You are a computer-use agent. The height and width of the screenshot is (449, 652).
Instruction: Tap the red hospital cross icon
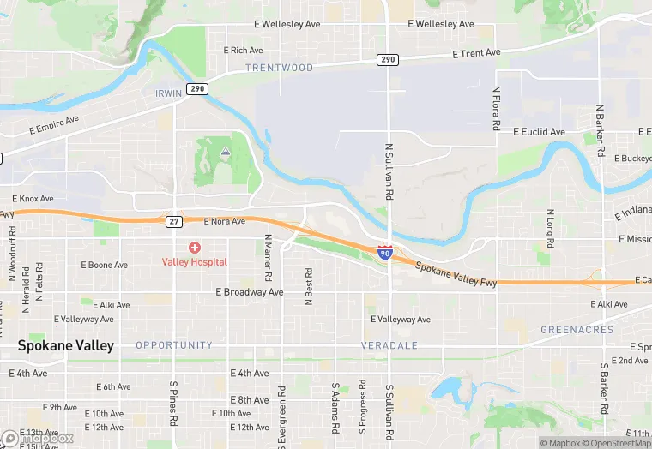(195, 248)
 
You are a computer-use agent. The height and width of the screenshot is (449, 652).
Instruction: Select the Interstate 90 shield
(386, 252)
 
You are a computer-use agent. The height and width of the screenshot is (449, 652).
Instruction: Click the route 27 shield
(173, 221)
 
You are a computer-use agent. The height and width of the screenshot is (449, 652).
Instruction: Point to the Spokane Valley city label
(65, 346)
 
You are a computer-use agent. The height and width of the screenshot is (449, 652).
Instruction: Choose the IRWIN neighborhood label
(169, 93)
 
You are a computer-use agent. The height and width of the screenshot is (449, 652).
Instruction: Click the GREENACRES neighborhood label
(577, 330)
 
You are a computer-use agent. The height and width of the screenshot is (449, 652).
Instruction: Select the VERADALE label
(390, 345)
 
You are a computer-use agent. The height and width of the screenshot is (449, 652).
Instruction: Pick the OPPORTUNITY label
(174, 345)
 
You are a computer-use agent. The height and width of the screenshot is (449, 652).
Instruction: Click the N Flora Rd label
(496, 107)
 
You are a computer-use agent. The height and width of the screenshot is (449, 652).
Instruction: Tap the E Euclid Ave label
(539, 132)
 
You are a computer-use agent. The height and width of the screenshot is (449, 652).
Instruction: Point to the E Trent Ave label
(476, 53)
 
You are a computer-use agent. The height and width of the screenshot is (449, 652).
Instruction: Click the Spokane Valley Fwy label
(456, 273)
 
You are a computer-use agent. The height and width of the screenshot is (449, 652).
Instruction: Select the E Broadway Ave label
(249, 292)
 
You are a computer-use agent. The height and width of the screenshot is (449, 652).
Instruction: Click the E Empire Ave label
(53, 125)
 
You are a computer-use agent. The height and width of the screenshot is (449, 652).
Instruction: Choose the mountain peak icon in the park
(224, 152)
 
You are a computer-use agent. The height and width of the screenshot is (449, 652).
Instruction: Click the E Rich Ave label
(243, 51)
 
